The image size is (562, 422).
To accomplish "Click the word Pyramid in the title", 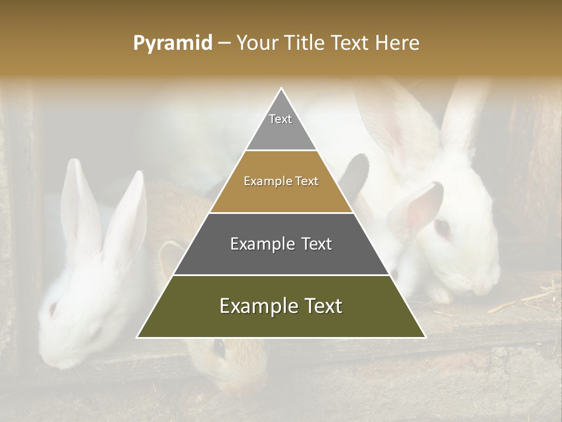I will pos(172,43).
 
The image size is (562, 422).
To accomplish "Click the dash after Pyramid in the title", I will pos(224,43).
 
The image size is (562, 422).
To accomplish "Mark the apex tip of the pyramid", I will pos(282,89).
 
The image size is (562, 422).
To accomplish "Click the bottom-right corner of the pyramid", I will pos(424,337).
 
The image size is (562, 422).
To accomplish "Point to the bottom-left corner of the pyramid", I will pos(138,337).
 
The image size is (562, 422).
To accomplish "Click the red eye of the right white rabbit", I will pos(441,227).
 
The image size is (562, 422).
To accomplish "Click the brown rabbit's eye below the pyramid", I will pos(219,347).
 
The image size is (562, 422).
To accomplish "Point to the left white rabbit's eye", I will pos(54,307).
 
